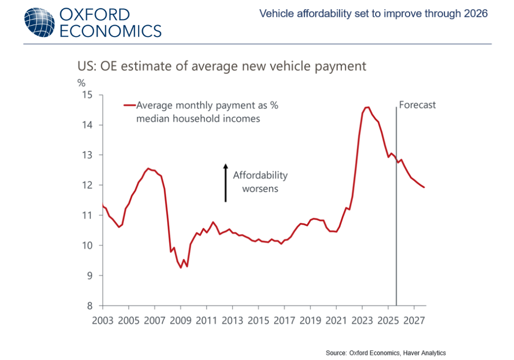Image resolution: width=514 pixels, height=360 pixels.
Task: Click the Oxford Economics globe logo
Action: (39, 23)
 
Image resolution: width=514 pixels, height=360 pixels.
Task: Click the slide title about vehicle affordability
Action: (373, 14)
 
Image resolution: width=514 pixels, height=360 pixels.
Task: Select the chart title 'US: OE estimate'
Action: (222, 66)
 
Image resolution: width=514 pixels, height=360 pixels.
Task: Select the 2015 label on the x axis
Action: (258, 321)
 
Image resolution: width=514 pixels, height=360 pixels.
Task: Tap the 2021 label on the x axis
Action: (336, 321)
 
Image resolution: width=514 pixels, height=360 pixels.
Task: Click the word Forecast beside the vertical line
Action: (417, 105)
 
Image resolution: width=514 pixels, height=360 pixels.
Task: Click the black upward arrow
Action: (225, 183)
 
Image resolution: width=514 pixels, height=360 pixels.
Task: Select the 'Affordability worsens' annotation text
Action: (260, 182)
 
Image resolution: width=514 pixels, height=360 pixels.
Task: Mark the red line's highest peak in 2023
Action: (367, 107)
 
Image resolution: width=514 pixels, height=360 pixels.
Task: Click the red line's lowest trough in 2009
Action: (181, 267)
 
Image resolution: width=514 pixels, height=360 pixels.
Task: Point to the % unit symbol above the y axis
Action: (81, 82)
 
